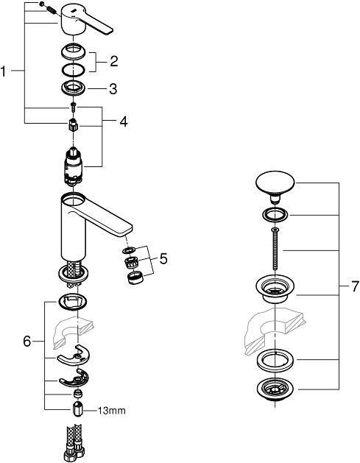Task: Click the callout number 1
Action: point(5,71)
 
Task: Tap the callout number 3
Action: point(113,89)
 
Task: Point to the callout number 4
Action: point(123,122)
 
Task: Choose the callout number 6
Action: point(28,342)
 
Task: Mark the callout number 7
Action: point(347,283)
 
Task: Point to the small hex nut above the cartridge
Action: point(72,126)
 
